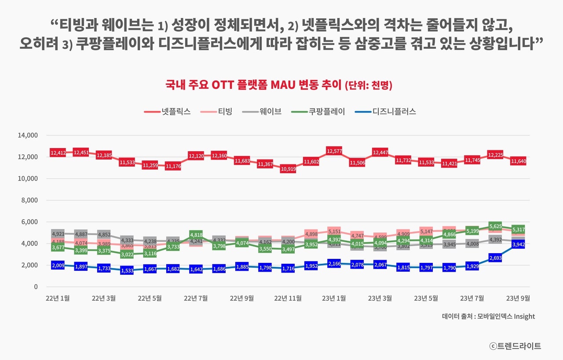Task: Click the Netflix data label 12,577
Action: (334, 151)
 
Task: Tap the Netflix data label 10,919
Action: (288, 169)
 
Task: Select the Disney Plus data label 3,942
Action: (518, 245)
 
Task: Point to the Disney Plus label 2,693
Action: (495, 258)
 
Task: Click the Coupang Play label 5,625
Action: (495, 227)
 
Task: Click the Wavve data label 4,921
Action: (58, 234)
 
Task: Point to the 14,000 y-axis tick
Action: (28, 135)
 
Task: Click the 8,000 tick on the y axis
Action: (29, 200)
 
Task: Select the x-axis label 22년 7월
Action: (196, 298)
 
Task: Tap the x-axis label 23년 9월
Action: (518, 298)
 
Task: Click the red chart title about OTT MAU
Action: (279, 84)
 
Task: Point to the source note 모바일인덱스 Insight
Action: (488, 316)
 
